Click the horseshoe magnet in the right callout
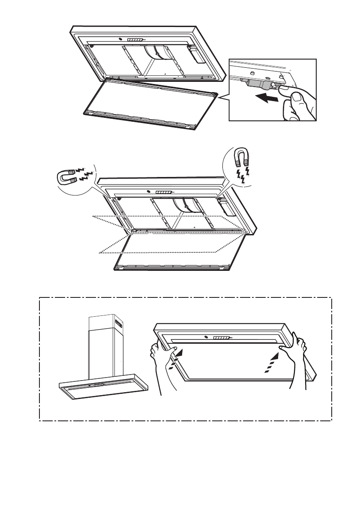coord(241,157)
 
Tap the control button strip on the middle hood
coord(164,192)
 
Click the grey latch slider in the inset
coord(255,83)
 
